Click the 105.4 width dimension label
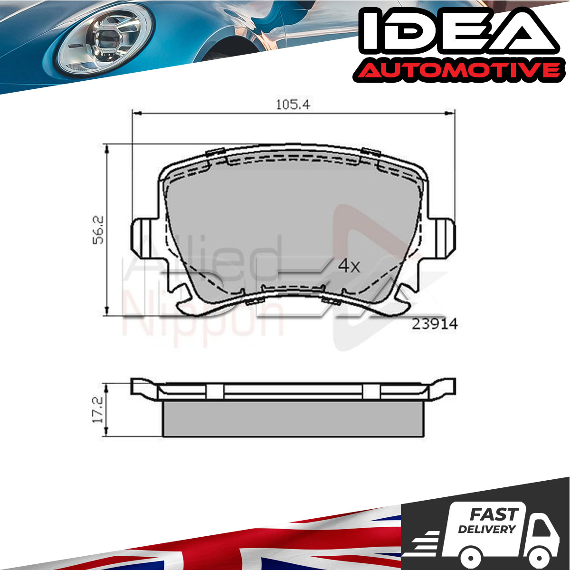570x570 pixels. (x=293, y=104)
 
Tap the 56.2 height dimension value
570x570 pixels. (x=98, y=230)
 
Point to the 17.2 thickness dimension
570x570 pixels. (x=98, y=409)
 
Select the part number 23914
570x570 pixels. (x=435, y=324)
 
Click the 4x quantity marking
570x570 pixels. (x=349, y=266)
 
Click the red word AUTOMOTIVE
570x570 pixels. (x=457, y=72)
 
